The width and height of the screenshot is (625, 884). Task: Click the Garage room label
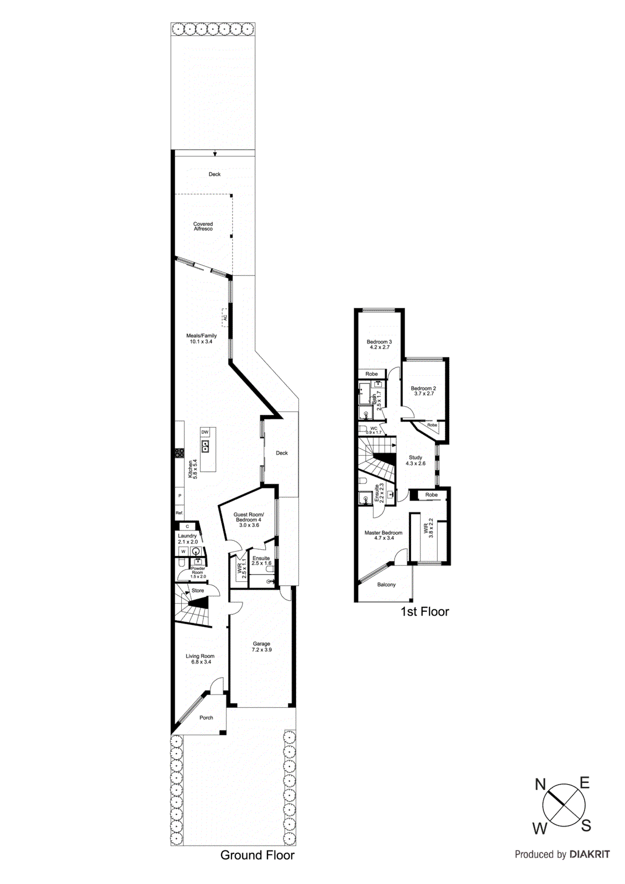click(261, 646)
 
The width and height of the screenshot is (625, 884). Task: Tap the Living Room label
click(199, 659)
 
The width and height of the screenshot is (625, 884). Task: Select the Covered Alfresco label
click(203, 227)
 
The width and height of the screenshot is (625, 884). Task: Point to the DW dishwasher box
click(205, 432)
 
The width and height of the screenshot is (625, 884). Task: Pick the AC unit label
click(225, 318)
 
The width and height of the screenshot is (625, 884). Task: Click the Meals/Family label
click(201, 339)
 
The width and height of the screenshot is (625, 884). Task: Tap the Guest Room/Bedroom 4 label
click(248, 519)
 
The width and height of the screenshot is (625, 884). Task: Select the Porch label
click(206, 718)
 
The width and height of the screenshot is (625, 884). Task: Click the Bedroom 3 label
click(379, 344)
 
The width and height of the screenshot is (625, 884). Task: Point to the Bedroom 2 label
click(423, 391)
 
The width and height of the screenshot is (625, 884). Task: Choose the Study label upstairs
click(416, 460)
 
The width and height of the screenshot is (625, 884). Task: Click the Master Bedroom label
click(384, 535)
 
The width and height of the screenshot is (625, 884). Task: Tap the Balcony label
click(386, 585)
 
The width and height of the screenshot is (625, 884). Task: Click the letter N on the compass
click(540, 784)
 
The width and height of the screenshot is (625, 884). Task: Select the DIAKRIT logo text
click(590, 854)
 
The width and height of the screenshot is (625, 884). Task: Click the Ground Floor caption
click(257, 855)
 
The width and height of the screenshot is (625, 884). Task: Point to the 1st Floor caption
click(424, 612)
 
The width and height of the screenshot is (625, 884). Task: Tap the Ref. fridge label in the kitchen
click(179, 513)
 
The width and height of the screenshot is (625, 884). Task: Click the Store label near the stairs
click(197, 591)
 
